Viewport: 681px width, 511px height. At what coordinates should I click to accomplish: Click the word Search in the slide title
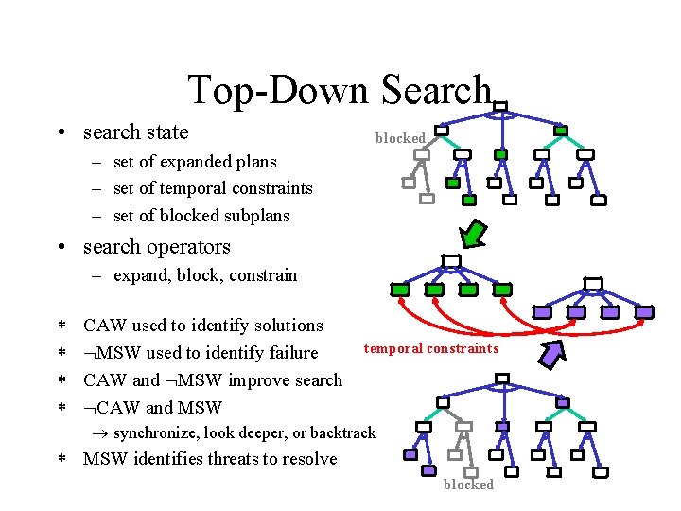click(437, 90)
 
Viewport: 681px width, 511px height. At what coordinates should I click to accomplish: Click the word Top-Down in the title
click(280, 90)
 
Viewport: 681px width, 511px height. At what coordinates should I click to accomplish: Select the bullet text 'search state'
click(135, 132)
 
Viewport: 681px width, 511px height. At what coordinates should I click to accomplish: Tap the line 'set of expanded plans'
click(195, 162)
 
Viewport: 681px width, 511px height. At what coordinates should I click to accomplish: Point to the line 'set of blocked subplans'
click(201, 216)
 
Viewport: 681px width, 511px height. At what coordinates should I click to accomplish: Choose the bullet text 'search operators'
click(156, 247)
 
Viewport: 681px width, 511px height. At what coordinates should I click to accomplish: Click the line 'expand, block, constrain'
click(204, 275)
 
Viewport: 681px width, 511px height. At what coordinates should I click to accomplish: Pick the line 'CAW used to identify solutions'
click(203, 326)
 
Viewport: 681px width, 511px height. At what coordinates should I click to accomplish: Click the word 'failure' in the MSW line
click(291, 353)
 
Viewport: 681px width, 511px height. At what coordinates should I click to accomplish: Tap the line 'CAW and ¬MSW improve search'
click(213, 380)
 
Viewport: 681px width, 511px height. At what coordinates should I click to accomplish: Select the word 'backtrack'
click(342, 433)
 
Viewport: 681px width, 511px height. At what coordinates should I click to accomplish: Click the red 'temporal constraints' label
click(431, 348)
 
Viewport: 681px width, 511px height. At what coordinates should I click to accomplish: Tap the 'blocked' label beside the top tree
click(400, 138)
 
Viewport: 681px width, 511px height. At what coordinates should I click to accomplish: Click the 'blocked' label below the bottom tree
click(468, 485)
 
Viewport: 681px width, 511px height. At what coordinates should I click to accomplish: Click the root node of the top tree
click(500, 108)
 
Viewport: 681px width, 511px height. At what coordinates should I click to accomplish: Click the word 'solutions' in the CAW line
click(288, 326)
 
